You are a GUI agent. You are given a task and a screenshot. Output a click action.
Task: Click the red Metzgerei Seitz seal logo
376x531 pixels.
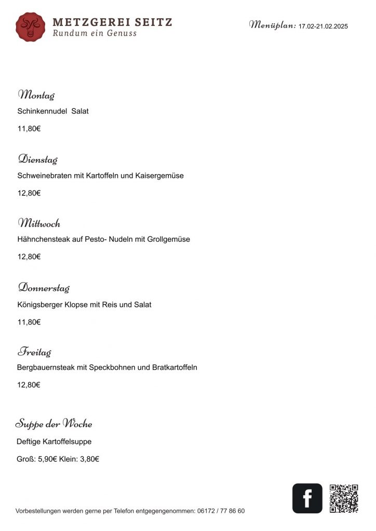tap(30, 27)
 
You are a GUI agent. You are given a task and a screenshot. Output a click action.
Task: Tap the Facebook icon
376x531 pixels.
tap(307, 498)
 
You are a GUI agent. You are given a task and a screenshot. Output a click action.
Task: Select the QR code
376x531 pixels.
tap(344, 498)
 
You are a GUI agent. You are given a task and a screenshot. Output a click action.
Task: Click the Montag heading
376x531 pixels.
tap(36, 95)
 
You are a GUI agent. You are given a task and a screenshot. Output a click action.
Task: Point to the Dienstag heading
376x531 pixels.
tap(38, 159)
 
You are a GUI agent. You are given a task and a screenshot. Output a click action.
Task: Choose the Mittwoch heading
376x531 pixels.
tap(39, 223)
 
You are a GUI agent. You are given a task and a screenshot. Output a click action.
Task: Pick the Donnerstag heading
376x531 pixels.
tap(44, 288)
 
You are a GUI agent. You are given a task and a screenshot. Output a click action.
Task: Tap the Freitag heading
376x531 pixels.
tap(35, 352)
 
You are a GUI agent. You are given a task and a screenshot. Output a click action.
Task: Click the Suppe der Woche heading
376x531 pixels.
tap(54, 424)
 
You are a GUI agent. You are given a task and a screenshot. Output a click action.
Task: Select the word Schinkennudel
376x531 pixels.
tap(42, 111)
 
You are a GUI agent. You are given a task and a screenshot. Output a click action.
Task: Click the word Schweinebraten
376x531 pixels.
tap(44, 175)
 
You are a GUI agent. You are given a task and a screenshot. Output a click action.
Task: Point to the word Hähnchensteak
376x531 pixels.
tap(42, 239)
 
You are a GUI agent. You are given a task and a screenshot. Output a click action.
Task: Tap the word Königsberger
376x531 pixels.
tap(40, 304)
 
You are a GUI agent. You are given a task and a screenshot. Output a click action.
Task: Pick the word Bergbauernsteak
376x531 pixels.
tap(46, 367)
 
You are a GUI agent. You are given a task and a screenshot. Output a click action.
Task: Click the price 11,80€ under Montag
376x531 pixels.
tap(29, 129)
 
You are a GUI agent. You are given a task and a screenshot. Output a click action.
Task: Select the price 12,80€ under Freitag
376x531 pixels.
tap(29, 385)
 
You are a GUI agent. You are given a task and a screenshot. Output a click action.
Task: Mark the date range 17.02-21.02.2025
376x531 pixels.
tap(323, 26)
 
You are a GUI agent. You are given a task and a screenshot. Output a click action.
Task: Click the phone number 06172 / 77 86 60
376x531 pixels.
tap(221, 511)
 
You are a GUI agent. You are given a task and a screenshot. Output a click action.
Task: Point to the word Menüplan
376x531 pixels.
tap(272, 24)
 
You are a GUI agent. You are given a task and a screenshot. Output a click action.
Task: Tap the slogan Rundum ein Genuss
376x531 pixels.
tap(95, 33)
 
